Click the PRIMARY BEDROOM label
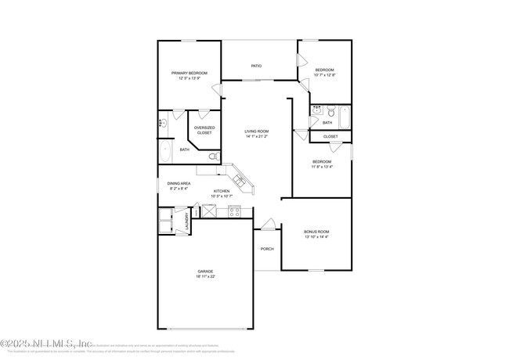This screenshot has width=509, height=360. tap(190, 73)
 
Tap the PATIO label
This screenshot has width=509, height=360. tap(256, 66)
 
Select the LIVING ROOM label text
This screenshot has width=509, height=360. tap(256, 131)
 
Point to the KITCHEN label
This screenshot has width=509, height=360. tap(222, 191)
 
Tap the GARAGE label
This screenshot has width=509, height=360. tap(205, 272)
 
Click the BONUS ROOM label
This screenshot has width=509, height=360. tap(316, 232)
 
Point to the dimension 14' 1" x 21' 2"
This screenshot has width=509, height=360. tap(256, 136)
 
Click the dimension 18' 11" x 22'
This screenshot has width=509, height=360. tap(205, 276)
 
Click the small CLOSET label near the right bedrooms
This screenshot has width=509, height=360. tap(330, 136)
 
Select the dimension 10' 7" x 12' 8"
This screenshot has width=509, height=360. tap(325, 75)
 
